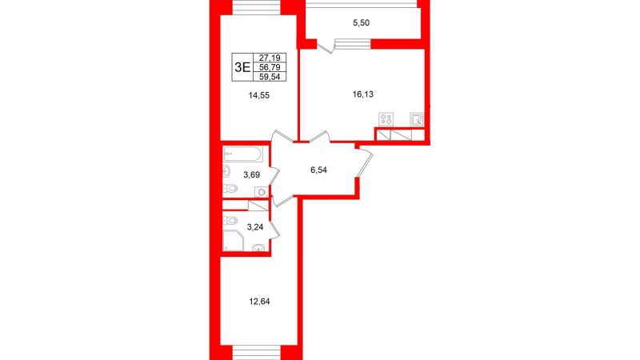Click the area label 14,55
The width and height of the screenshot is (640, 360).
(259, 95)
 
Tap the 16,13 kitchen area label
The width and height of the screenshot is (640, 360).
(363, 94)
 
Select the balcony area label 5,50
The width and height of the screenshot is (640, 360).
(361, 23)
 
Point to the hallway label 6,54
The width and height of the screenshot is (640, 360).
(318, 170)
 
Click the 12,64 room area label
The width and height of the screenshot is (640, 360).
(259, 302)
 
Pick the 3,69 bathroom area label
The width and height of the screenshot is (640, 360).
(252, 174)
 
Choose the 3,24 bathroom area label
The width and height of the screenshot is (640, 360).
(254, 227)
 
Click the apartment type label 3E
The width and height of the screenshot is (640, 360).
(242, 67)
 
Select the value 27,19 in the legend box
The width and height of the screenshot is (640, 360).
(270, 58)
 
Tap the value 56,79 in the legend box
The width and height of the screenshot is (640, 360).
(270, 67)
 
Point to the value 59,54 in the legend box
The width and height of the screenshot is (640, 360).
(270, 76)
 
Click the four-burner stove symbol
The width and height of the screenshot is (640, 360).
(386, 119)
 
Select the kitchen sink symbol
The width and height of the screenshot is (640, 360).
(417, 119)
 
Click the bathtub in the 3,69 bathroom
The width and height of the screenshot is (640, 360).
(242, 154)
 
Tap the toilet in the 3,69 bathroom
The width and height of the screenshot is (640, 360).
(230, 189)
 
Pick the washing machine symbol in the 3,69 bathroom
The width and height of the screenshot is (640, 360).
(262, 191)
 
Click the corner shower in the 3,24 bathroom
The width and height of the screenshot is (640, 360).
(233, 241)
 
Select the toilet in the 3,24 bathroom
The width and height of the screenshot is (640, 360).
(230, 221)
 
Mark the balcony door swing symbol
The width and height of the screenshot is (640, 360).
(326, 46)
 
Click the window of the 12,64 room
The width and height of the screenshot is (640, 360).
(257, 352)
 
